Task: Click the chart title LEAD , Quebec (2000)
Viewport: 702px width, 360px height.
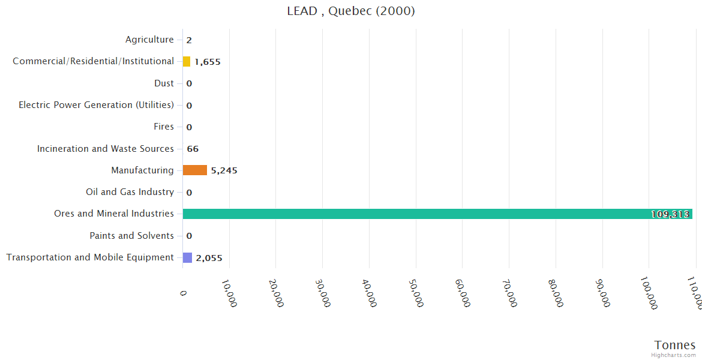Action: tap(351, 11)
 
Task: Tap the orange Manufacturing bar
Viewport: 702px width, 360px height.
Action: tap(194, 170)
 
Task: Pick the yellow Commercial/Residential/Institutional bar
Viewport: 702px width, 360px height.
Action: tap(187, 61)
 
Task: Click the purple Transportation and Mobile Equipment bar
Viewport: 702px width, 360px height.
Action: tap(187, 257)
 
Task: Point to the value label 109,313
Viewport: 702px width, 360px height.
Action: tap(670, 214)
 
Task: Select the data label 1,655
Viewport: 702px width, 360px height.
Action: tap(208, 62)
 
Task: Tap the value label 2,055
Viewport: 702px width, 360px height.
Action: tap(209, 258)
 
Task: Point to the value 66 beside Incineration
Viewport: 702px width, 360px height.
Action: tap(193, 149)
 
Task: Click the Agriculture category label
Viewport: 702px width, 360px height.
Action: tap(149, 40)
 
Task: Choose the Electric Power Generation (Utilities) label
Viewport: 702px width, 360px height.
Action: tap(96, 105)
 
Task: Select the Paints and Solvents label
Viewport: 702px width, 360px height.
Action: tap(131, 236)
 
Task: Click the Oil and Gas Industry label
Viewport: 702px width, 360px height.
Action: tap(130, 192)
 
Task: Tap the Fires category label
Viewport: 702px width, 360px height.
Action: tap(164, 127)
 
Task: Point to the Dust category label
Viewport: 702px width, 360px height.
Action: tap(164, 83)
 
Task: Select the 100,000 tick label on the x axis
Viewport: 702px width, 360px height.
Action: tap(649, 294)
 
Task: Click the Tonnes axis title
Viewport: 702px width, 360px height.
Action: tap(674, 345)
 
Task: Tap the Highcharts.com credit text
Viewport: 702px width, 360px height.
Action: tap(674, 355)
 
